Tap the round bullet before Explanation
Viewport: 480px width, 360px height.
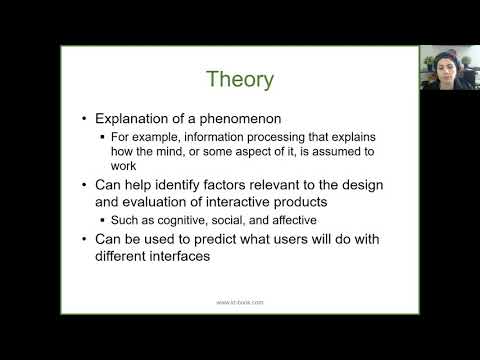pyautogui.click(x=86, y=119)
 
